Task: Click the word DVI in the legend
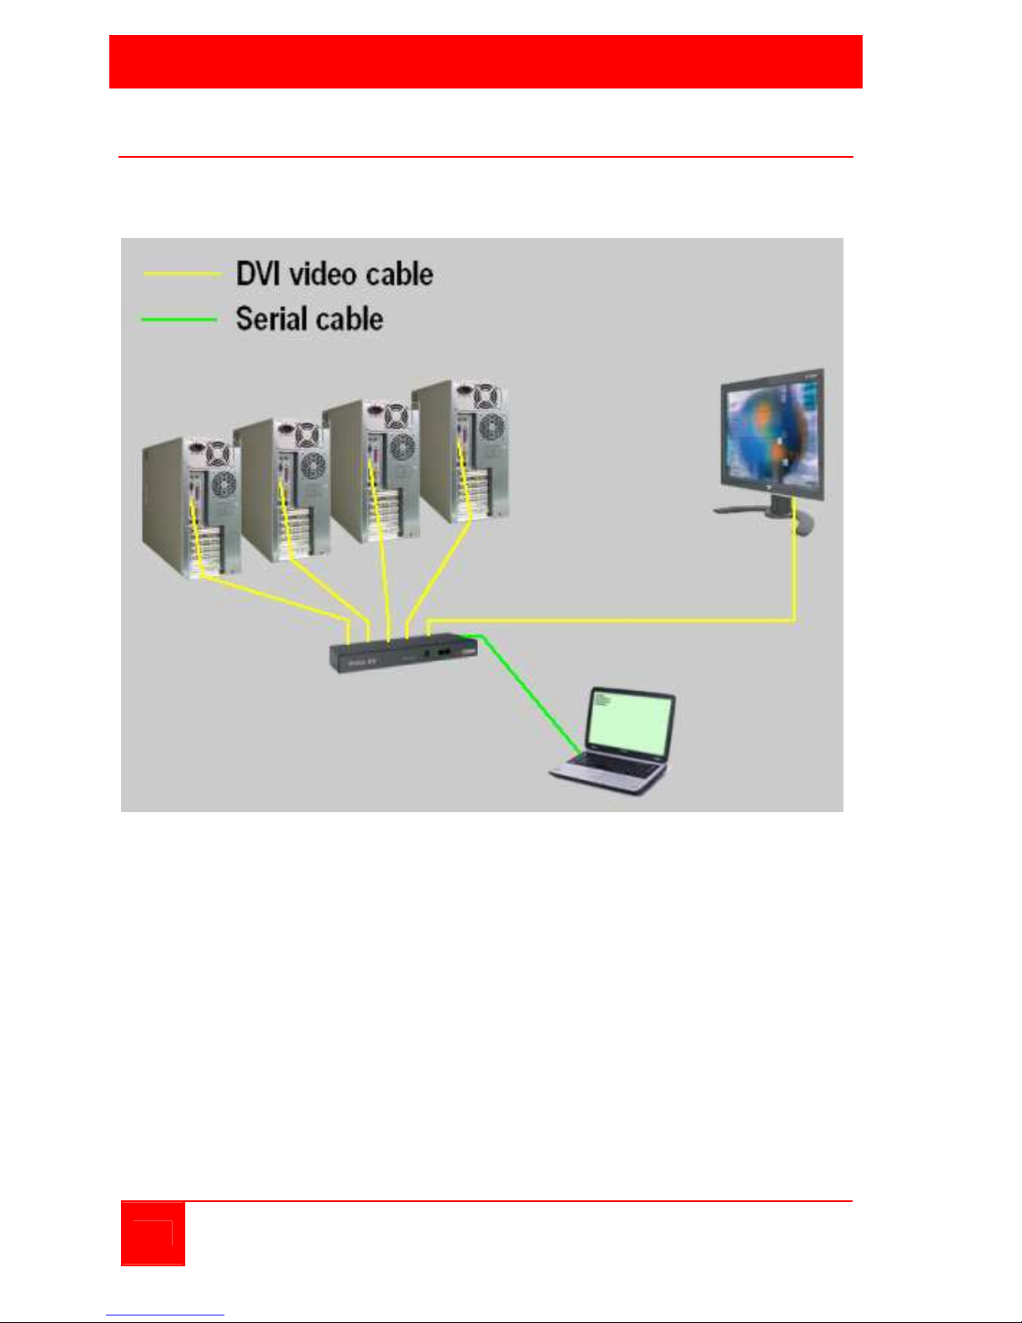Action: (258, 275)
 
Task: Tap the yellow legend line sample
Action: (182, 274)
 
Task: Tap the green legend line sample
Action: (179, 319)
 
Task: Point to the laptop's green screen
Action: (629, 723)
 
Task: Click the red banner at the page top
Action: (486, 62)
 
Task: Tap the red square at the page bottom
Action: (153, 1233)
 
